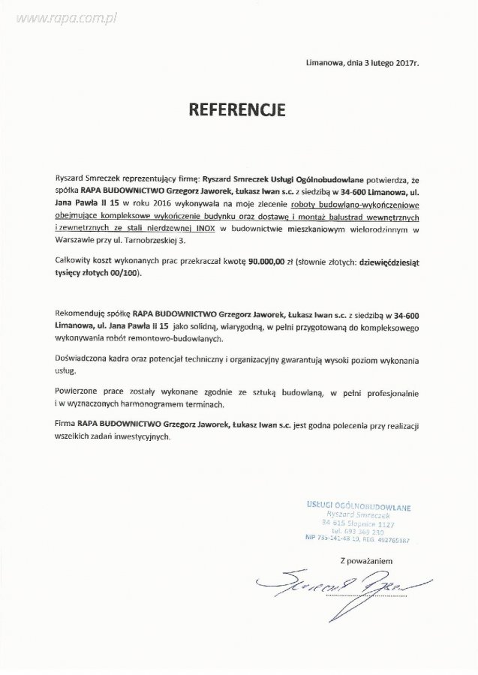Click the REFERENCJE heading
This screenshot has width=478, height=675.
click(238, 110)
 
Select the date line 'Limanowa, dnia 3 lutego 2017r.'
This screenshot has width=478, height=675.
click(362, 63)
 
